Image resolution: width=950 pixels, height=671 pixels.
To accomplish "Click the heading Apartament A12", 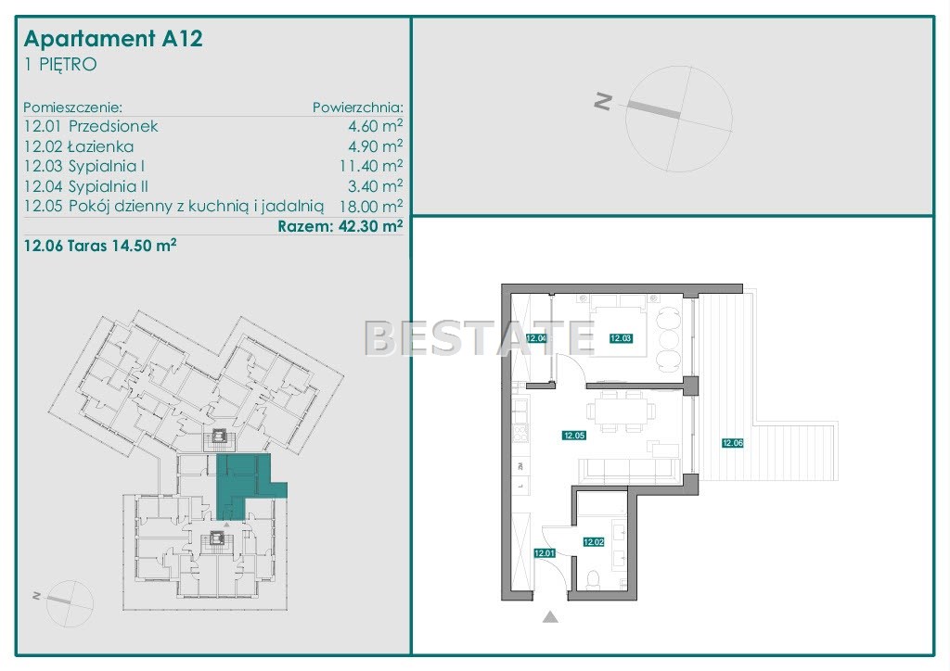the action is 113,39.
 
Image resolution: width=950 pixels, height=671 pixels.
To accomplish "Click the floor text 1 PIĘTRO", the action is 60,65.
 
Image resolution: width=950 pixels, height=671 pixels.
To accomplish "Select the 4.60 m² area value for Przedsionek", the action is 375,126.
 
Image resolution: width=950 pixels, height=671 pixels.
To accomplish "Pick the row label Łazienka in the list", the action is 100,146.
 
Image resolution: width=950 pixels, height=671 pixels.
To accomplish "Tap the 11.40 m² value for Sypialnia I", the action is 371,166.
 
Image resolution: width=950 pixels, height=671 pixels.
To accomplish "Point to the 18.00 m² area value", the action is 371,206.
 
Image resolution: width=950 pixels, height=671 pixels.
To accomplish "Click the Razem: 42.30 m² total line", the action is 340,226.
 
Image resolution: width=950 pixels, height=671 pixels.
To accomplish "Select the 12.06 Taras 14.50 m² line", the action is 100,246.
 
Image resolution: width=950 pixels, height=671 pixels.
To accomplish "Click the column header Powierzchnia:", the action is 357,108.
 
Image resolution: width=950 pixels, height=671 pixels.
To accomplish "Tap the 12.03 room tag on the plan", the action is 621,339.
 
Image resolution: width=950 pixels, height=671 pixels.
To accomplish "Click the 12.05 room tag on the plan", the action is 573,435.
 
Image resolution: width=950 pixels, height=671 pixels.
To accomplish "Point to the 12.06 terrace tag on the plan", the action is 733,443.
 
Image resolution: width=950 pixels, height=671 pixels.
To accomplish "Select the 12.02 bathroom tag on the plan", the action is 594,542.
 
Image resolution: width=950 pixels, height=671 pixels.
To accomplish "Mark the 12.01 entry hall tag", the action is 545,553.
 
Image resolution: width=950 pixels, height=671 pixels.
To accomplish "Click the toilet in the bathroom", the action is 593,579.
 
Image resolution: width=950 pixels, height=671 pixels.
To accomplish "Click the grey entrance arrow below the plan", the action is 550,617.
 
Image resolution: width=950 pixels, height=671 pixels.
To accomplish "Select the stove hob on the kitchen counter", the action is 520,433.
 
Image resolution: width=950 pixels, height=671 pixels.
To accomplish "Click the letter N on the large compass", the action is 603,101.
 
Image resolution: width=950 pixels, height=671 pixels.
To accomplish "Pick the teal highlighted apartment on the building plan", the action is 242,484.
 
